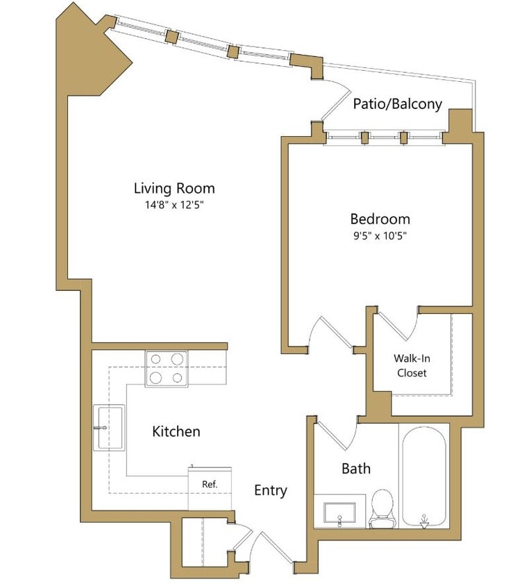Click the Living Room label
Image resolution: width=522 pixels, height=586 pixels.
pyautogui.click(x=174, y=188)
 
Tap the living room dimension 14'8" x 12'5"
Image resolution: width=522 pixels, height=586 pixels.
pyautogui.click(x=174, y=205)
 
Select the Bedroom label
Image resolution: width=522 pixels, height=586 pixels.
pyautogui.click(x=380, y=219)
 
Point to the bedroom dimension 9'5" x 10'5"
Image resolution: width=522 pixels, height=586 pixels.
pyautogui.click(x=379, y=235)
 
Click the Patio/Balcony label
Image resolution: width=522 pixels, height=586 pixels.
pyautogui.click(x=397, y=104)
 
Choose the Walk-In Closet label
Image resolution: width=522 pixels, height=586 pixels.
pyautogui.click(x=411, y=366)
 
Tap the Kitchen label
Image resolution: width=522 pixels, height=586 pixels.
pyautogui.click(x=176, y=431)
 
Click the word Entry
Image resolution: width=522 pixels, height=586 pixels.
pyautogui.click(x=270, y=490)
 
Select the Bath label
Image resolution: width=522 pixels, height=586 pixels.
pyautogui.click(x=355, y=469)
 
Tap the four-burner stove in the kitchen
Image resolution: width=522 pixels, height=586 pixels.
pyautogui.click(x=167, y=368)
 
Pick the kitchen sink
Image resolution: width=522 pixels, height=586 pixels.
pyautogui.click(x=109, y=428)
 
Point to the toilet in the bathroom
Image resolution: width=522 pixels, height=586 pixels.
pyautogui.click(x=382, y=506)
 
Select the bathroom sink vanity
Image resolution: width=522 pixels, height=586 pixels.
pyautogui.click(x=339, y=510)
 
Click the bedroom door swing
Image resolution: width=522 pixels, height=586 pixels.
pyautogui.click(x=333, y=333)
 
